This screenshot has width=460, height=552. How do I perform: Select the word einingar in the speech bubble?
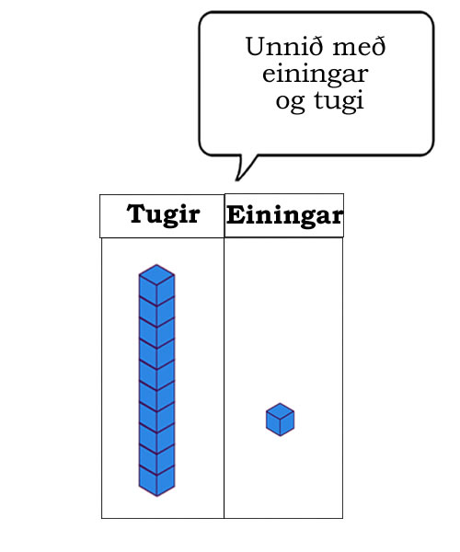coord(315,75)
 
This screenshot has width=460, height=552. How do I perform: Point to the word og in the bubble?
coord(290,102)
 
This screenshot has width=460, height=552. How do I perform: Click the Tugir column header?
coord(164,214)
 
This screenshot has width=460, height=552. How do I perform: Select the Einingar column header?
coord(284,215)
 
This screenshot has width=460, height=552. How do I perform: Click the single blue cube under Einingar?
coord(281,420)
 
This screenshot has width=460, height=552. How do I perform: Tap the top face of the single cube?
coord(281,411)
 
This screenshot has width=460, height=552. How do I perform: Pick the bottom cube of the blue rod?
coord(157,481)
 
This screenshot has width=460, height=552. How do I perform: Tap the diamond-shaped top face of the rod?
coord(157,274)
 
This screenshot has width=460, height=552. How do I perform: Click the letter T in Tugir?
coord(136,213)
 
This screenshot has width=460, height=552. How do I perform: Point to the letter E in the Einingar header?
coord(236,214)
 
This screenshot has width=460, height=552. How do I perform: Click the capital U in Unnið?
coord(256,47)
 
